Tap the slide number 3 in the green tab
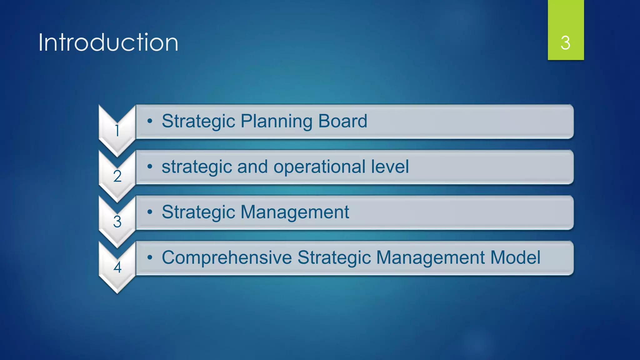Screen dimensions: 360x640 [x=565, y=43]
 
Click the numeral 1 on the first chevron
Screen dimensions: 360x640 [x=117, y=131]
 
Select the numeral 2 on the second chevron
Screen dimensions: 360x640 [x=117, y=176]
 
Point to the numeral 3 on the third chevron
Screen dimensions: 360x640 [x=117, y=222]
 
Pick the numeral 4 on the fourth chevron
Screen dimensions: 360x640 [x=117, y=267]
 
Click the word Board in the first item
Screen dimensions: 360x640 [x=342, y=121]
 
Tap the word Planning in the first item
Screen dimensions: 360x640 [x=276, y=122]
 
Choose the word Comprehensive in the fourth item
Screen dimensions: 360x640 [x=227, y=258]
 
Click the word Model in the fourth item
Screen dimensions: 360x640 [x=515, y=257]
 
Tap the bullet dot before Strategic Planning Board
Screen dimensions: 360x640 [x=150, y=121]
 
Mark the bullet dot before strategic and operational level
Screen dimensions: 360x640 [x=150, y=167]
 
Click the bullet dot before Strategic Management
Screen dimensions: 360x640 [x=150, y=212]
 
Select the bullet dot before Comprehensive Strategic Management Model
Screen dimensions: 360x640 [x=150, y=257]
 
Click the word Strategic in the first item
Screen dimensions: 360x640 [x=198, y=122]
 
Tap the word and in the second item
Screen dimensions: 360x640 [x=252, y=166]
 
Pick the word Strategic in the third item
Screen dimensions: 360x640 [x=198, y=212]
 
